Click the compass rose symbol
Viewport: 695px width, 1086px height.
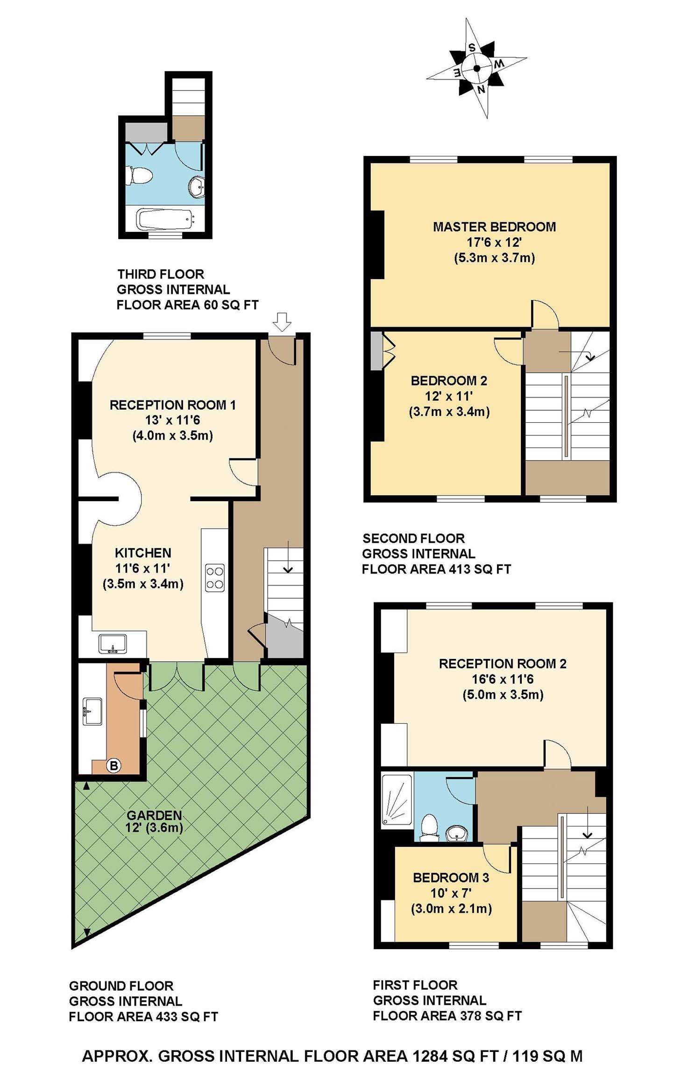click(477, 68)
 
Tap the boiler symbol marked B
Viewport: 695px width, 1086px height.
click(113, 766)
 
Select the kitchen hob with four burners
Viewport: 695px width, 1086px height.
click(215, 578)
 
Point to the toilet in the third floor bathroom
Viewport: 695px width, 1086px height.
click(140, 175)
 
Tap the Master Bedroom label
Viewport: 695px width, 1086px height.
click(494, 227)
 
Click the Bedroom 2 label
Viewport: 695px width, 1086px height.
click(449, 381)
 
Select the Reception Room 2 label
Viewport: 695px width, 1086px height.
click(503, 664)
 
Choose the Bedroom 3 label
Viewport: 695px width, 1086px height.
click(451, 877)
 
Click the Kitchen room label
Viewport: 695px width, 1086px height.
click(143, 553)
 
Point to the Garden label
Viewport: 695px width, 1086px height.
click(154, 815)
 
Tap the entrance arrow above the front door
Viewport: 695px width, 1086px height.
click(282, 322)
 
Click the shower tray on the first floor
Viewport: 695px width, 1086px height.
click(397, 800)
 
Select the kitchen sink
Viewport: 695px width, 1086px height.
click(113, 643)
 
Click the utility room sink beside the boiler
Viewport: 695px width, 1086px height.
click(92, 711)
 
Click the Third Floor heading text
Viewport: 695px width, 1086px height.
click(161, 274)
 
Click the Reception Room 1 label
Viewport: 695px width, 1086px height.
click(173, 405)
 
